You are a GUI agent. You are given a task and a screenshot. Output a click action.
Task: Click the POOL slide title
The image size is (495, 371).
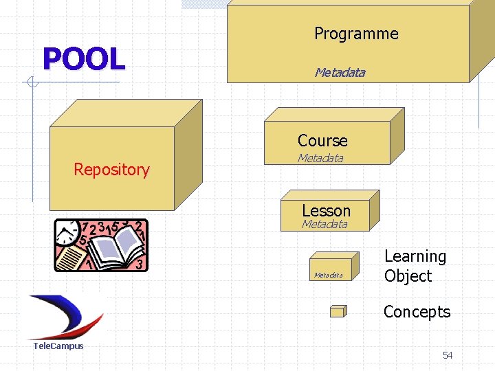pos(83,59)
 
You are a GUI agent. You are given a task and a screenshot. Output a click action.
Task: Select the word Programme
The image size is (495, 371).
pos(356,34)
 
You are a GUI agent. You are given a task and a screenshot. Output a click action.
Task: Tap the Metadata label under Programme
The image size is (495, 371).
pos(340,72)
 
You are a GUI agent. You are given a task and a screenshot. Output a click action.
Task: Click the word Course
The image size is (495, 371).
pos(322,141)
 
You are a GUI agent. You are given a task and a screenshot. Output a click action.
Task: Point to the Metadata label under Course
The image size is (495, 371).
pos(320,159)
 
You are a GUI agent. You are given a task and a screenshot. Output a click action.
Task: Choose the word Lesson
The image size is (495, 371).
pos(326,210)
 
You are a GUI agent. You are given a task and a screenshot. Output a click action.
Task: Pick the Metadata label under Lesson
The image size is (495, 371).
pos(324,224)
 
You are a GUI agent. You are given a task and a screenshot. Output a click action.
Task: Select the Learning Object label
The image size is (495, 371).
pos(415,266)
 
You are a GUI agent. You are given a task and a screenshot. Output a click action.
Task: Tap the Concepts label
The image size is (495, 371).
pos(417,312)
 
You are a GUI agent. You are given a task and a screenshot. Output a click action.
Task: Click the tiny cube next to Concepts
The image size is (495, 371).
pos(338,311)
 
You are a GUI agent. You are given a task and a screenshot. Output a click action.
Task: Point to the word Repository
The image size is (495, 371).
pos(111,170)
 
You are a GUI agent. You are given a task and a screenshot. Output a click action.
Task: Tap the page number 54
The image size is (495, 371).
pos(448,355)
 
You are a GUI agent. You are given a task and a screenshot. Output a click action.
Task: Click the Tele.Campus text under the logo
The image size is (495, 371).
pos(58,346)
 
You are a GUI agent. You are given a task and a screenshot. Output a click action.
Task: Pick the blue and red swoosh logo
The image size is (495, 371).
pos(65,316)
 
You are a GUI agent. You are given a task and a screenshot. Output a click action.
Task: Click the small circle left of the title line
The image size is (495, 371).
pos(31,83)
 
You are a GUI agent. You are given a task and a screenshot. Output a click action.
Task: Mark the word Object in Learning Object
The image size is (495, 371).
pos(408,276)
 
